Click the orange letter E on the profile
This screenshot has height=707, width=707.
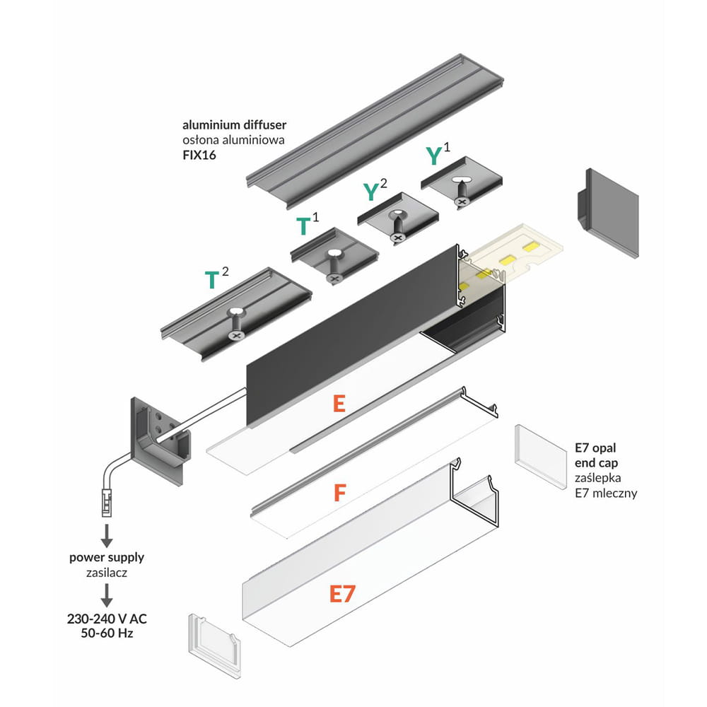tap(339, 404)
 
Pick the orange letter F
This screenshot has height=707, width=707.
tap(339, 493)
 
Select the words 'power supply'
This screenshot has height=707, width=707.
tap(107, 557)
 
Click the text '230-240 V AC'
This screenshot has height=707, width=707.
tap(107, 619)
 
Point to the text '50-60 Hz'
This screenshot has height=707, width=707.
tap(107, 633)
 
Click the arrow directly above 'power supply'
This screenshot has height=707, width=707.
tap(107, 535)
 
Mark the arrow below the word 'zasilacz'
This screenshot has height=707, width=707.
tap(107, 596)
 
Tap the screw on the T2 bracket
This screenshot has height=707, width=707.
tap(235, 326)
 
